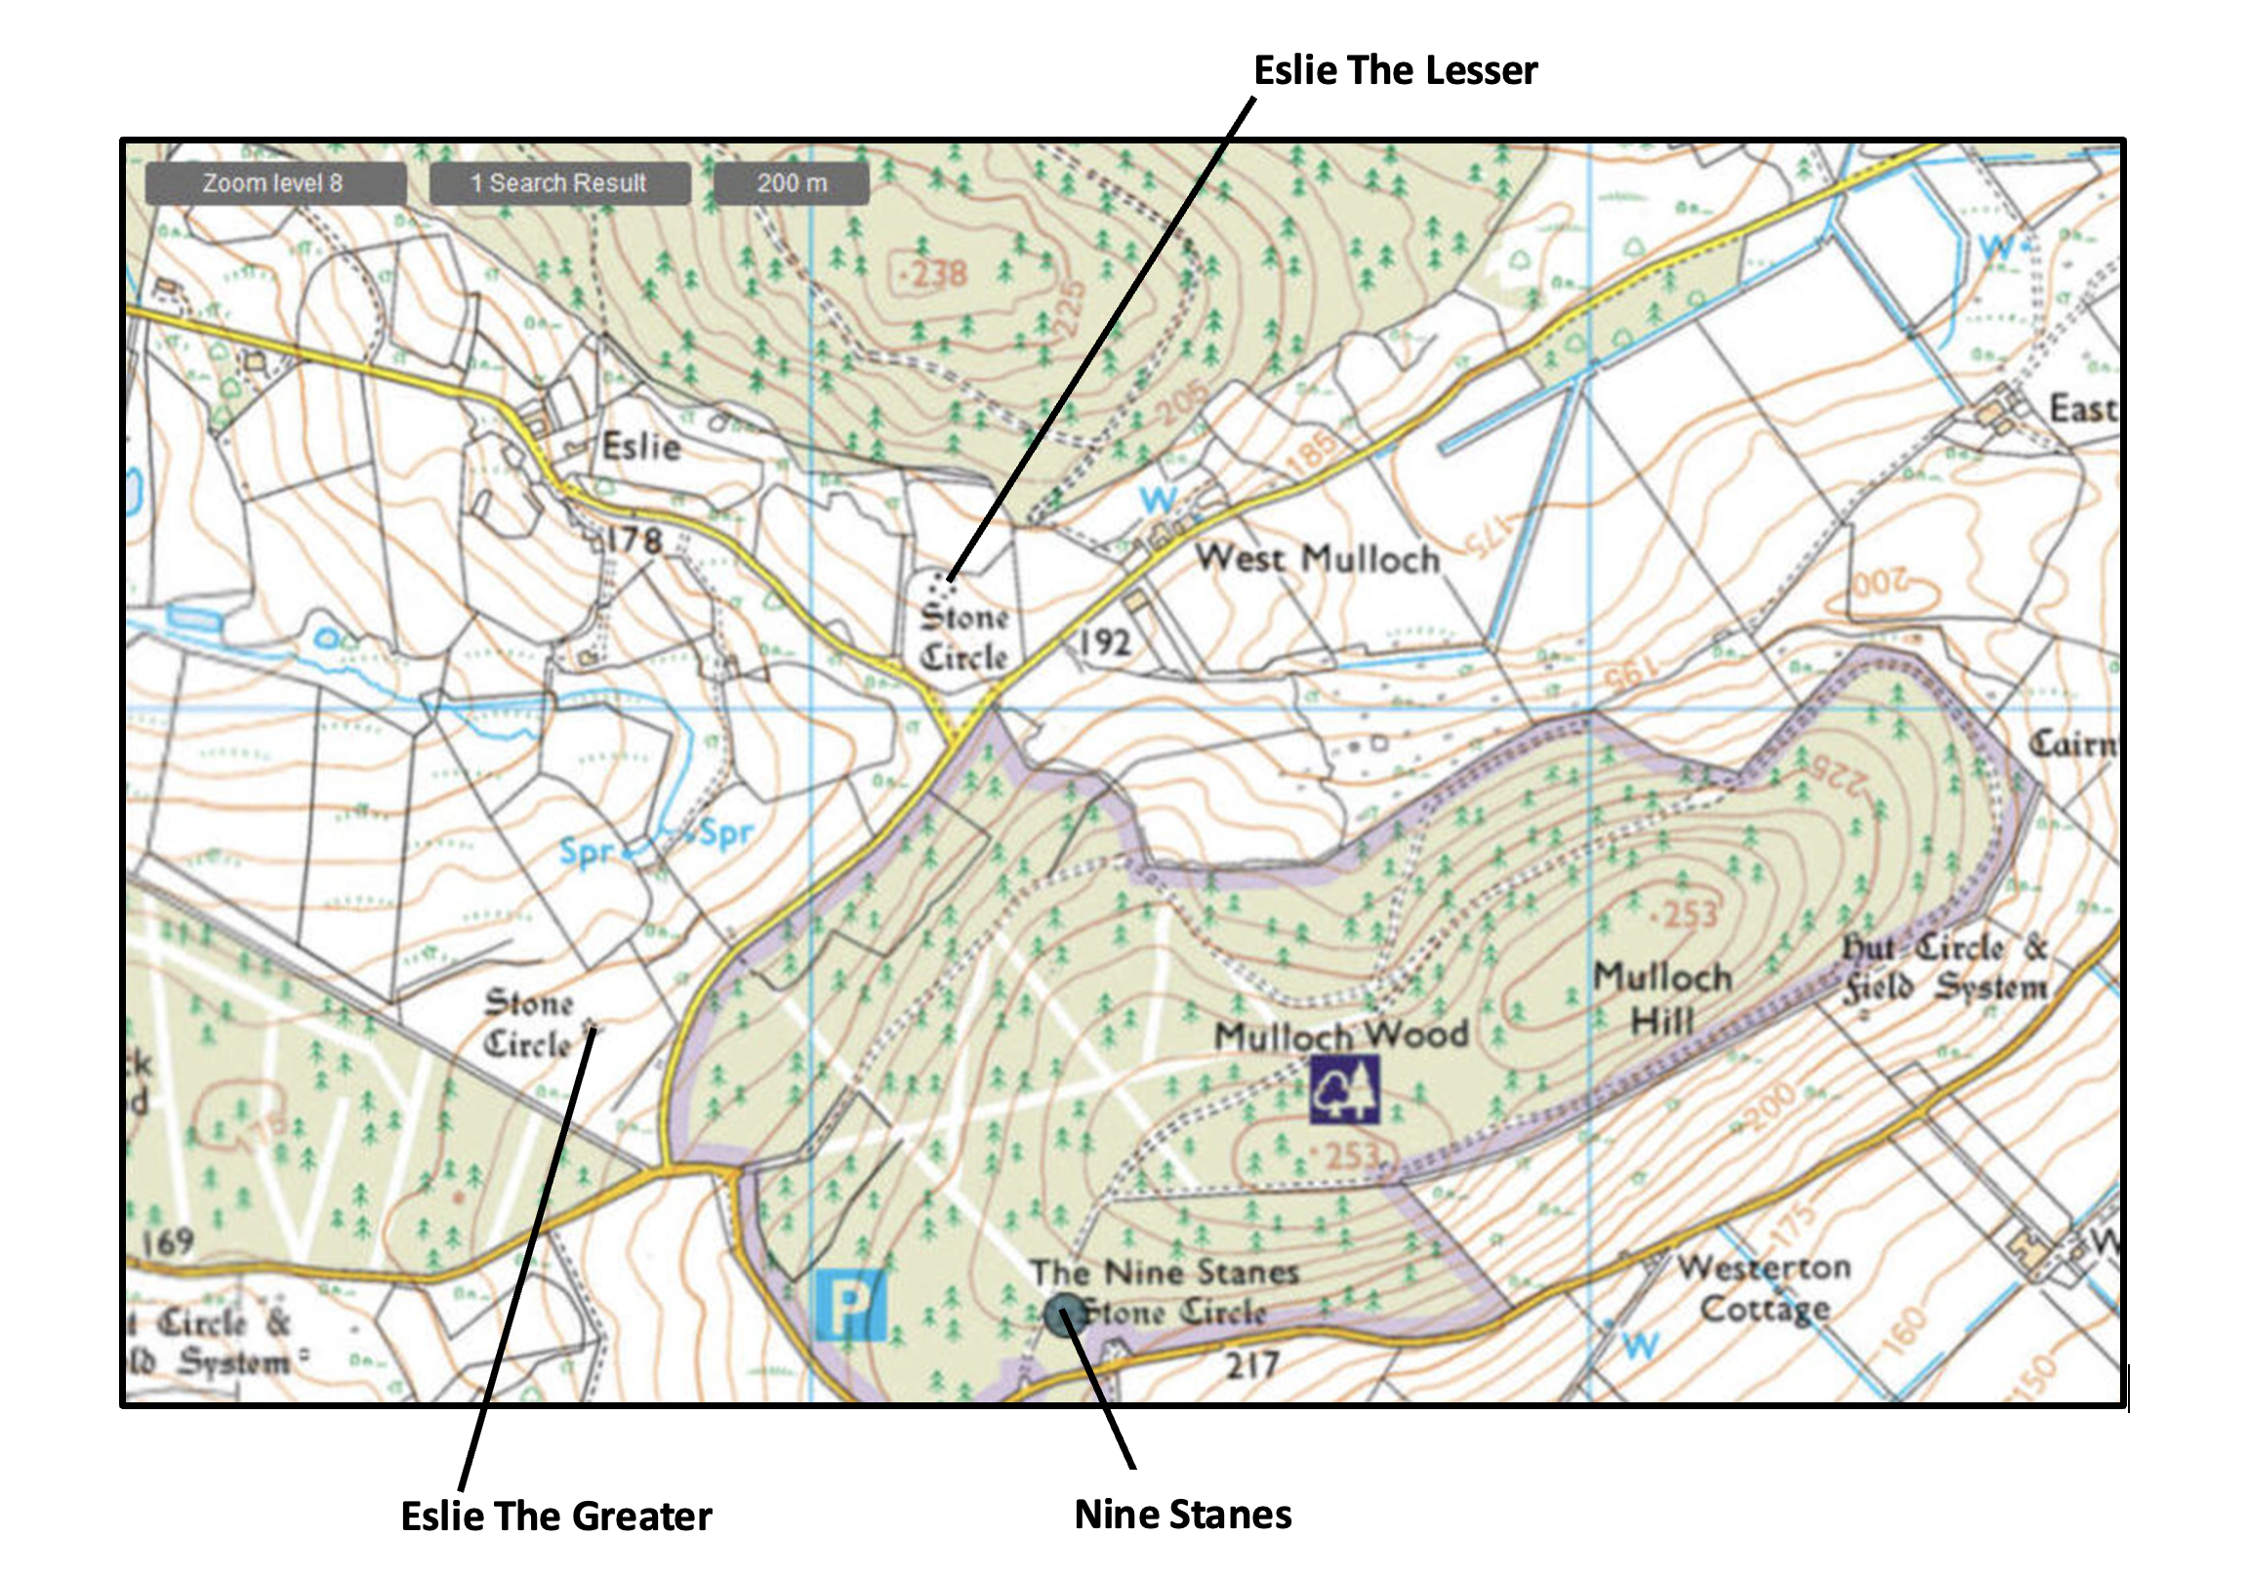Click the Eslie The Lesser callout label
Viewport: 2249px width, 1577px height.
(x=1395, y=70)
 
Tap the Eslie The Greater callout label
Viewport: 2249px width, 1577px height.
(x=555, y=1516)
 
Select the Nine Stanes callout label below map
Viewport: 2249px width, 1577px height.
(x=1182, y=1514)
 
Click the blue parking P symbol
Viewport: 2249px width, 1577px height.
(x=849, y=1305)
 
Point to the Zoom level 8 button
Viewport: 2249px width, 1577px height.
(x=274, y=183)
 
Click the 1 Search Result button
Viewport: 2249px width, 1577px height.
(x=559, y=183)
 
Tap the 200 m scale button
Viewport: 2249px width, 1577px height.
(x=792, y=183)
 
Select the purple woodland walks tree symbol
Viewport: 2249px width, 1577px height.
(x=1344, y=1089)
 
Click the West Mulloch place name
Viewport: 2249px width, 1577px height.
(x=1317, y=558)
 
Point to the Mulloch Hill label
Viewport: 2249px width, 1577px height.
(x=1662, y=999)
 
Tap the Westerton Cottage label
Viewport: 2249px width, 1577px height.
(x=1764, y=1287)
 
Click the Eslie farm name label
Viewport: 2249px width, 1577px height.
(x=640, y=447)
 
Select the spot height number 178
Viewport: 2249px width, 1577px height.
(x=634, y=540)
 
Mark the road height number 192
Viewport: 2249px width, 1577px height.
(x=1105, y=642)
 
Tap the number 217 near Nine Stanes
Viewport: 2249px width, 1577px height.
(x=1252, y=1363)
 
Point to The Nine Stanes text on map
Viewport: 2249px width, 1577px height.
(x=1164, y=1273)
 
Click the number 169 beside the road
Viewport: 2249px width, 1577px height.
(x=168, y=1242)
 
